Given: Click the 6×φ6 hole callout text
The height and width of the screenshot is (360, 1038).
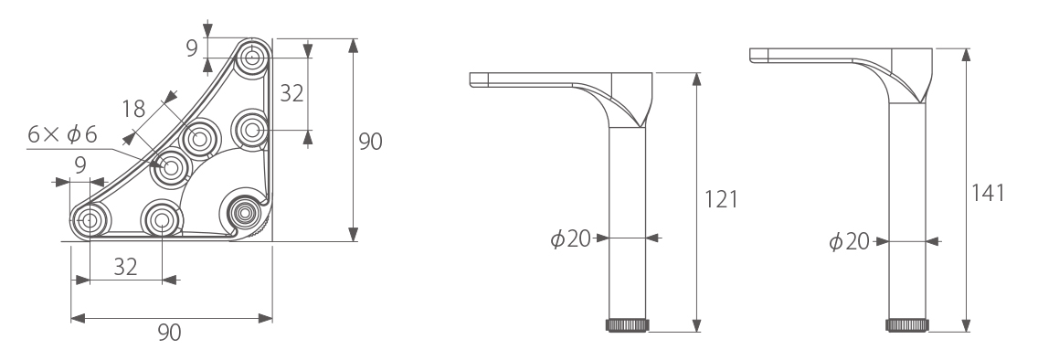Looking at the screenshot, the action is coord(62,134).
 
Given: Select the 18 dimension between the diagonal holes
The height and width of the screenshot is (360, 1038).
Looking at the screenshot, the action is coord(133,109).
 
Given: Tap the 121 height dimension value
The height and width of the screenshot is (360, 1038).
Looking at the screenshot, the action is coord(721,198).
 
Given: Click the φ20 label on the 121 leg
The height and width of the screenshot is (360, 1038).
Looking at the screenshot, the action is coord(571,238).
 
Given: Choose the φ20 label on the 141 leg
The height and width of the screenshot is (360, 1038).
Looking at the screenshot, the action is coord(850,241).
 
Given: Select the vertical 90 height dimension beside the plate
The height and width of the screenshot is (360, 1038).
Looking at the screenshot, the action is coord(371,141).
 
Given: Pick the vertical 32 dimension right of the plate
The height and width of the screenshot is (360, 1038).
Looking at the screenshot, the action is coord(291,93).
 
